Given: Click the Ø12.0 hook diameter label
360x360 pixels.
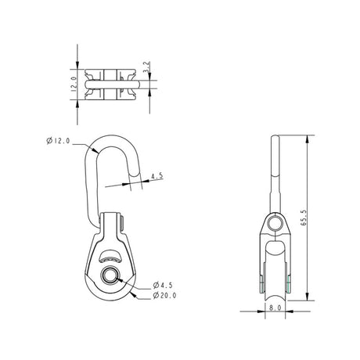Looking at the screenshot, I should coord(60,141).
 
